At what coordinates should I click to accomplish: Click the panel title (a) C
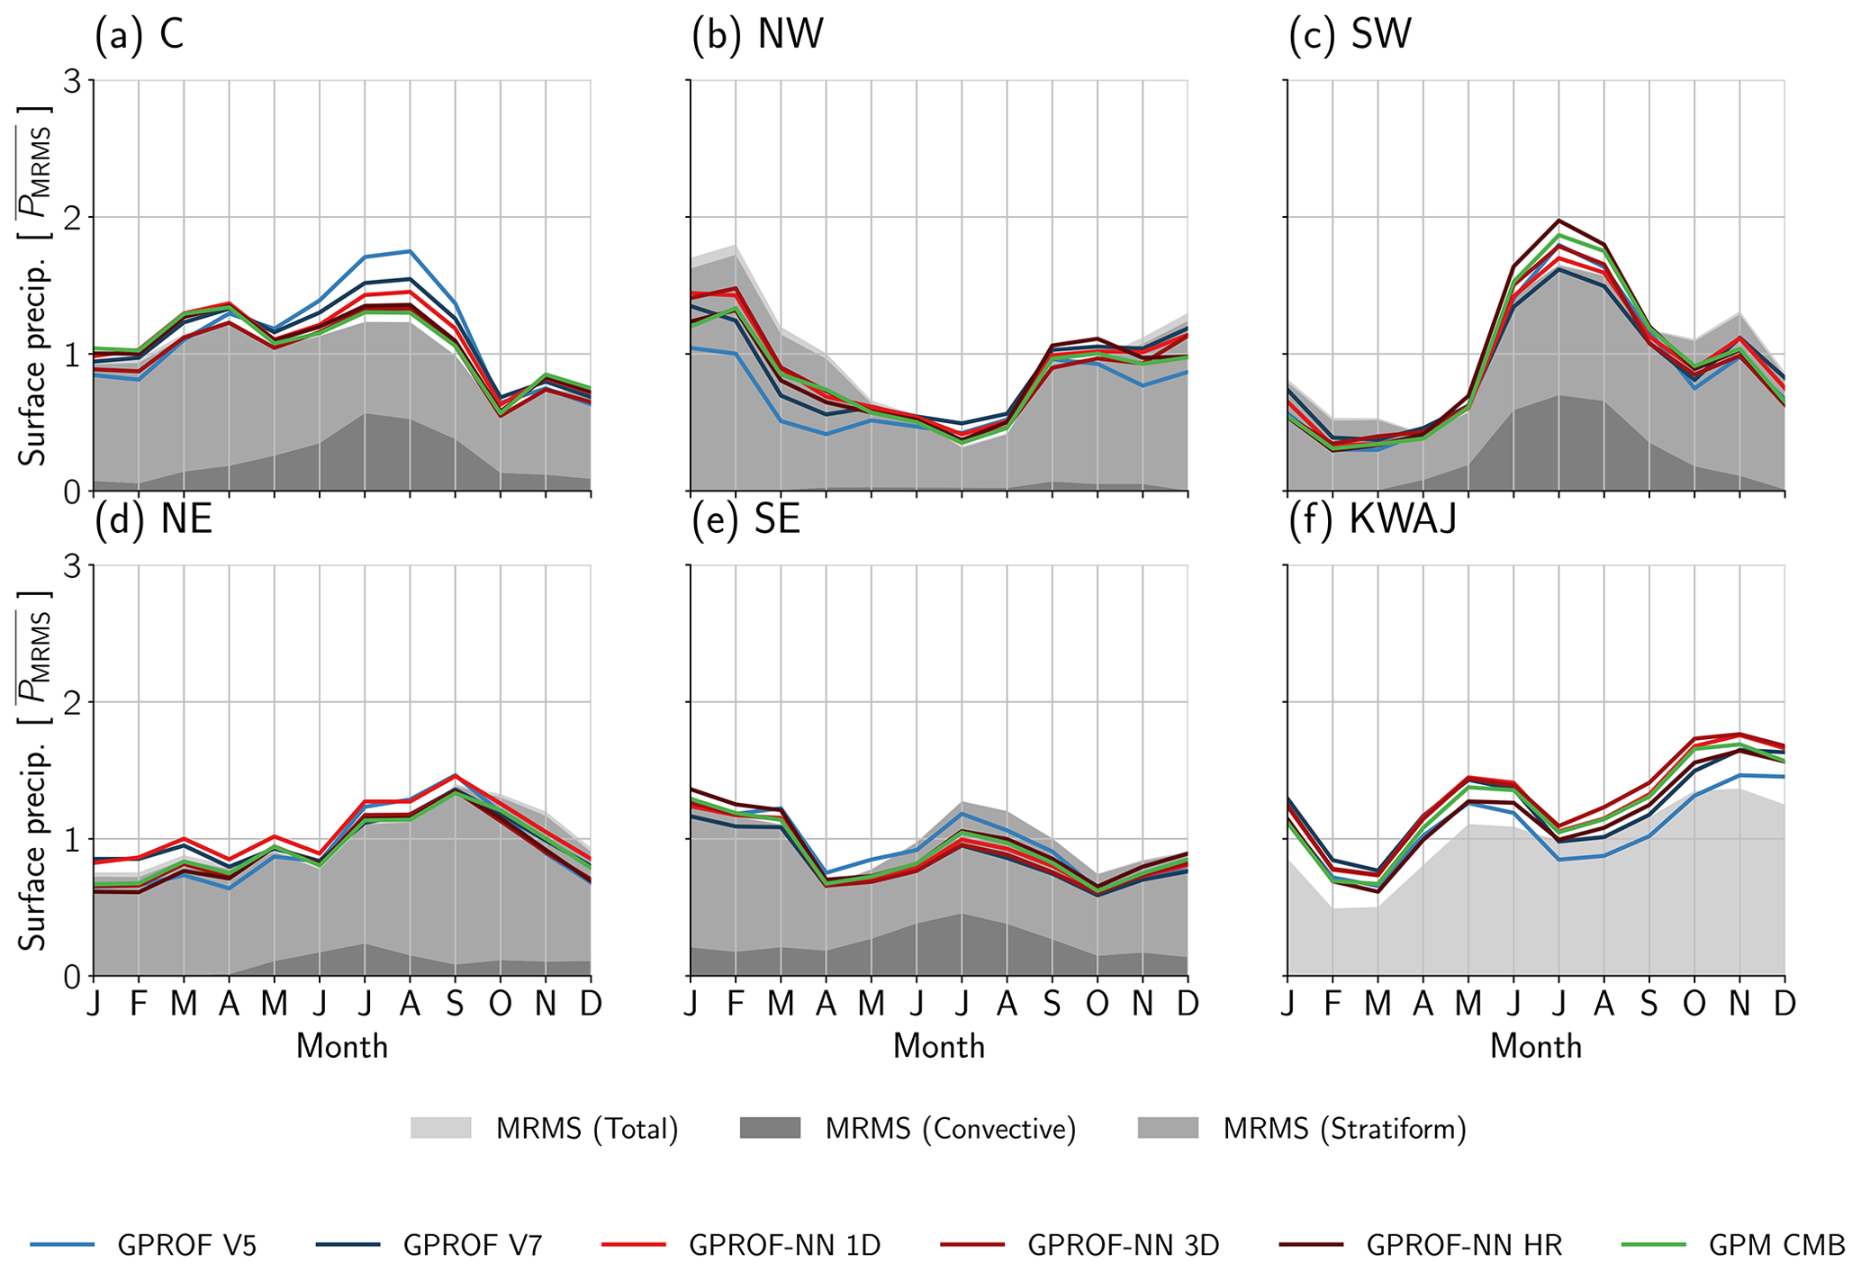click(140, 35)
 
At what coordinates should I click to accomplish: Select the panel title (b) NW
click(757, 35)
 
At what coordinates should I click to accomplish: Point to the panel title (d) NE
click(153, 520)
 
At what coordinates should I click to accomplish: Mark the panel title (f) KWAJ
click(1372, 520)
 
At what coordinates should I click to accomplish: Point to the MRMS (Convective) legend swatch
click(770, 1128)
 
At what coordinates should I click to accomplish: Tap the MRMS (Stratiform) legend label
click(1345, 1129)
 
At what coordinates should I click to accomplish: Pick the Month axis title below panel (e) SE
click(939, 1046)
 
